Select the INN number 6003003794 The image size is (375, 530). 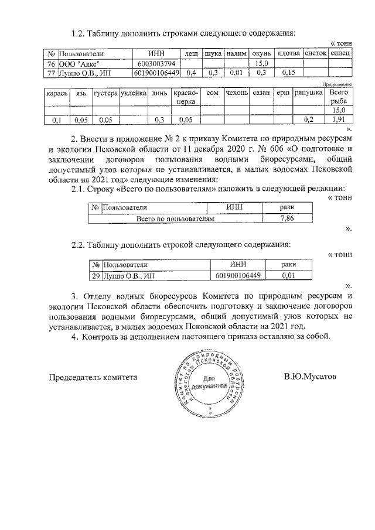coord(156,63)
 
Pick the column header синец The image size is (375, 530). coord(340,53)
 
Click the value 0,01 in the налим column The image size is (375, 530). coord(236,73)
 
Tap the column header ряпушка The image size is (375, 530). coord(308,93)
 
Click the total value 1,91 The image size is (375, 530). coord(338,120)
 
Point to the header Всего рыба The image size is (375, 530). coord(338,97)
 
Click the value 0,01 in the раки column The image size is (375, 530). coord(288,275)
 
